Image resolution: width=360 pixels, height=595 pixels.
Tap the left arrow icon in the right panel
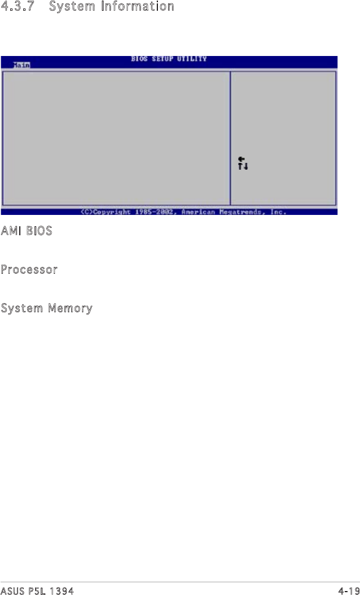coord(241,159)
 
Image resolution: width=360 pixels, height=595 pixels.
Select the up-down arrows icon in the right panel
coord(243,166)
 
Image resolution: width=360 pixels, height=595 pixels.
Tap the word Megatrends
coord(241,212)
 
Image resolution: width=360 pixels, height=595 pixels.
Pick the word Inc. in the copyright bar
coord(277,212)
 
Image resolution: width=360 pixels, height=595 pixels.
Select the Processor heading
coord(29,270)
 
